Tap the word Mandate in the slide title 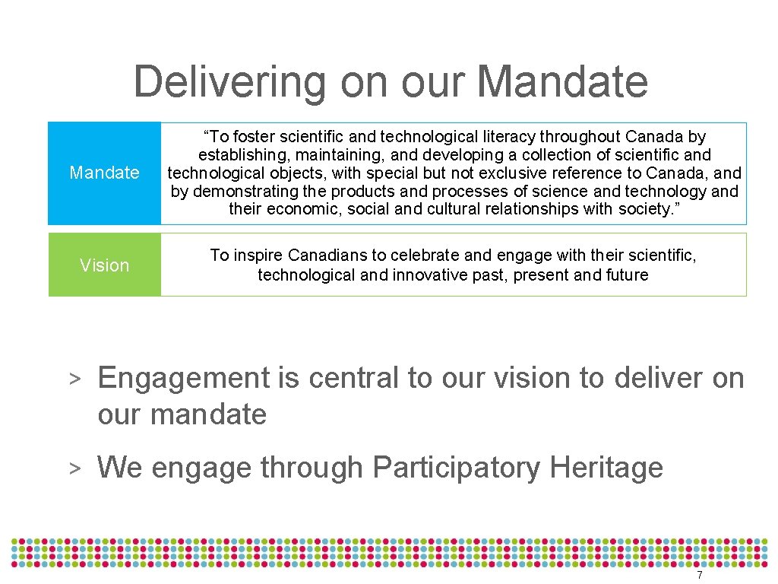565,82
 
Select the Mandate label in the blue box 104,173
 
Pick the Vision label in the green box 104,265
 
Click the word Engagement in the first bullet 184,378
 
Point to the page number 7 700,576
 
